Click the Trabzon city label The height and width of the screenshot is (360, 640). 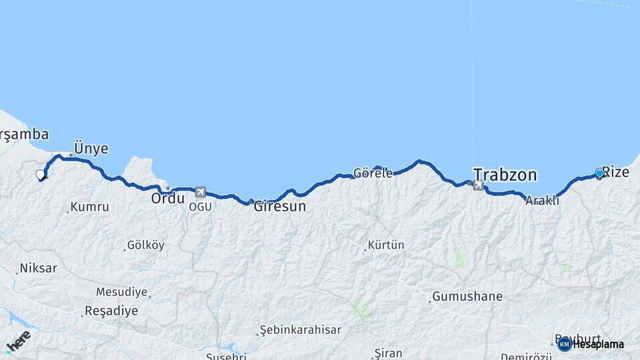505,175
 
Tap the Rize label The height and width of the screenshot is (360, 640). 615,172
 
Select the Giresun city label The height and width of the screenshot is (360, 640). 279,207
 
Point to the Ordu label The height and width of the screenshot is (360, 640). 167,199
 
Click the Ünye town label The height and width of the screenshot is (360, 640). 91,149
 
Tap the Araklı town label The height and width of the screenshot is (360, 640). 542,200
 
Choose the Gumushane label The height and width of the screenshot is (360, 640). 467,296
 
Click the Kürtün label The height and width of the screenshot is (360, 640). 386,245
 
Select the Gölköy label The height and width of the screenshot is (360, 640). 145,245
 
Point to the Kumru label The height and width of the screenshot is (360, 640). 89,207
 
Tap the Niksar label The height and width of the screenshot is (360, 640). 38,269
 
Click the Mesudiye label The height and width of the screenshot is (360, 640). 121,292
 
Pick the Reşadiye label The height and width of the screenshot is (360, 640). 111,311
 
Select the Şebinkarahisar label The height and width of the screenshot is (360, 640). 300,329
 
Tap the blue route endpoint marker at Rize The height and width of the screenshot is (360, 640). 599,173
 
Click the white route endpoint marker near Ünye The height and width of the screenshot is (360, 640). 40,175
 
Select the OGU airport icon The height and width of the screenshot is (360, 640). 201,192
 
